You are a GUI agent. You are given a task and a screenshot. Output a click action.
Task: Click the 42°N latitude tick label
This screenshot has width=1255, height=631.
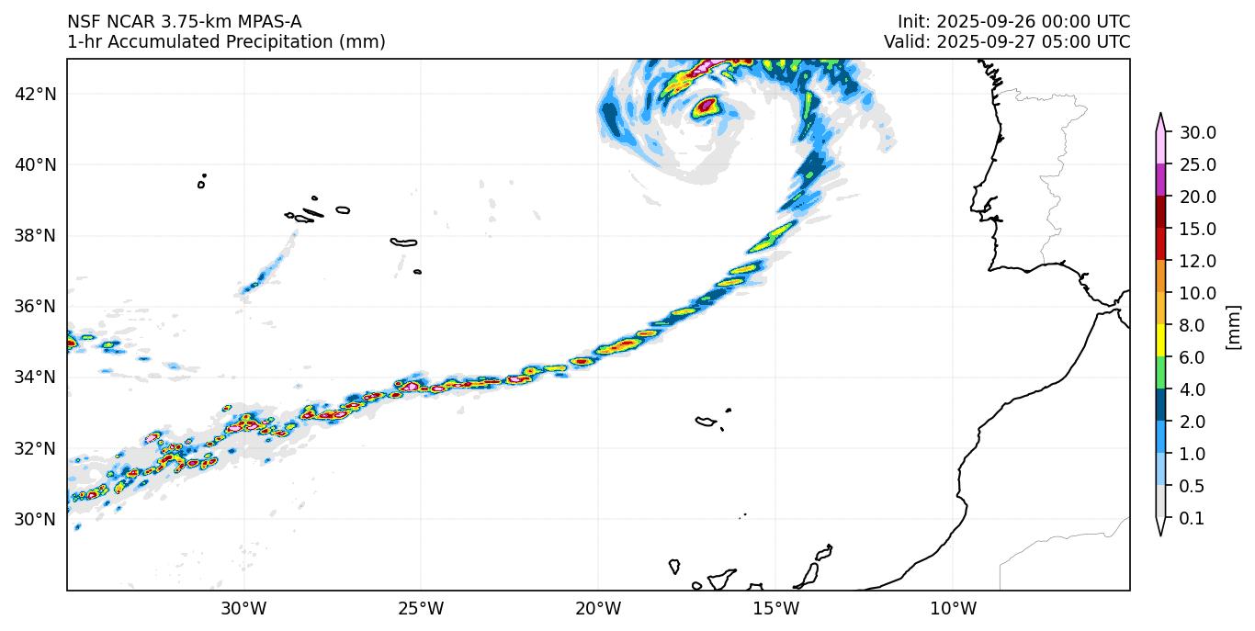click(x=36, y=94)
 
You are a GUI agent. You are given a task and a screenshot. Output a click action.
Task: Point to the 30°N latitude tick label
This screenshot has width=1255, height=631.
click(x=36, y=519)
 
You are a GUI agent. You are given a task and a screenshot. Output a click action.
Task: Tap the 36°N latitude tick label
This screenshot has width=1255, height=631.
click(x=36, y=307)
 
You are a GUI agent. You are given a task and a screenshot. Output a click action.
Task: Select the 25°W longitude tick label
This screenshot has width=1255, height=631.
click(x=421, y=608)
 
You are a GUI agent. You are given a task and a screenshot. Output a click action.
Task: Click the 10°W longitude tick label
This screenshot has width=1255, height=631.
click(x=953, y=608)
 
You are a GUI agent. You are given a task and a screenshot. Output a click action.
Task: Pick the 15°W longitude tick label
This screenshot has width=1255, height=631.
click(x=775, y=608)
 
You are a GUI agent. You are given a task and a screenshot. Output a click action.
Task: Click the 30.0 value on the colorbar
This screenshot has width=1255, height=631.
click(x=1198, y=133)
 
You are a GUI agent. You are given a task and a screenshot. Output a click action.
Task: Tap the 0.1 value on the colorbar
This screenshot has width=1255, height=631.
click(x=1192, y=519)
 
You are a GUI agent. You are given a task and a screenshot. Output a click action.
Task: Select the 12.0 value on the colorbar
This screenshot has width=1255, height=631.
click(x=1198, y=262)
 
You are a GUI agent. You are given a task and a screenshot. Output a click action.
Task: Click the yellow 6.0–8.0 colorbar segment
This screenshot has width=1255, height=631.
click(x=1160, y=342)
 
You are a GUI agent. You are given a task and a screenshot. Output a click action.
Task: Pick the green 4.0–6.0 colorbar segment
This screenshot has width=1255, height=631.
click(x=1160, y=374)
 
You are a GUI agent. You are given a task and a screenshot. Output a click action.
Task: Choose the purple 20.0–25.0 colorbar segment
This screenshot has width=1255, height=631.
click(x=1160, y=180)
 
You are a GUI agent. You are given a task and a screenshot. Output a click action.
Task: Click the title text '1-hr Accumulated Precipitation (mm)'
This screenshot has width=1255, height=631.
click(x=226, y=42)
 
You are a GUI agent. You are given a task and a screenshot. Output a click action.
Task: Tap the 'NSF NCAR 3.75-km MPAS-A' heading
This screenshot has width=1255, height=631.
click(x=184, y=22)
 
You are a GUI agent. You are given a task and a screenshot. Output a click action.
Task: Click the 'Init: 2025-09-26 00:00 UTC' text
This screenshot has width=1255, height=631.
click(x=1013, y=22)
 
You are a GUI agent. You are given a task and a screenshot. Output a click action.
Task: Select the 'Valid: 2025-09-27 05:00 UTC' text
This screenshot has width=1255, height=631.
click(x=1007, y=42)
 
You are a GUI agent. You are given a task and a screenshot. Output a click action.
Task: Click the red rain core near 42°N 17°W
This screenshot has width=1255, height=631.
click(x=706, y=106)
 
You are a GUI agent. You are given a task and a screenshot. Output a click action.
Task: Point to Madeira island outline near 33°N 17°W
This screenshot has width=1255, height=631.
click(x=706, y=422)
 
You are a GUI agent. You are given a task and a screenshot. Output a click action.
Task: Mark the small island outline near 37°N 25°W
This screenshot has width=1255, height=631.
click(x=418, y=272)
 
